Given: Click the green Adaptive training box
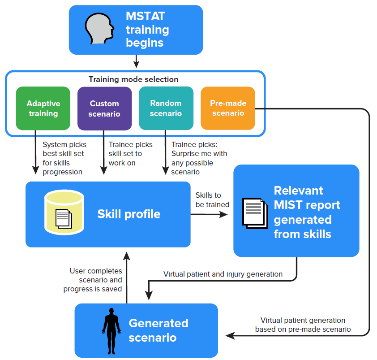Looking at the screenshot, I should coord(43,108).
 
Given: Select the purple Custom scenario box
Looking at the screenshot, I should coord(104,108).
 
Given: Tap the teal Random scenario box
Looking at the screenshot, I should coord(166,108).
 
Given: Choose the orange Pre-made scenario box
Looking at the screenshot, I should coord(227,108).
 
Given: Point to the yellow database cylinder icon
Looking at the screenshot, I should coord(64,213).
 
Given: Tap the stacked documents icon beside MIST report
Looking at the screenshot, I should coord(254,213).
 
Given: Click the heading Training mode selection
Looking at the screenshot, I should coord(133,79).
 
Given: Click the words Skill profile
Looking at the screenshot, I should coord(129,214).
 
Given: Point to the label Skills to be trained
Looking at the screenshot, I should coord(212,200).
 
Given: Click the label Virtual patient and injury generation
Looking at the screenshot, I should coord(223,274).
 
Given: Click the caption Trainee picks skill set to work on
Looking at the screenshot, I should coord(130,153).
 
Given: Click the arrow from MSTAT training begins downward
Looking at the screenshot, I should coord(136,61).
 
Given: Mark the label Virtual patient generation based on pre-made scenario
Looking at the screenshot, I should coord(303,325).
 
